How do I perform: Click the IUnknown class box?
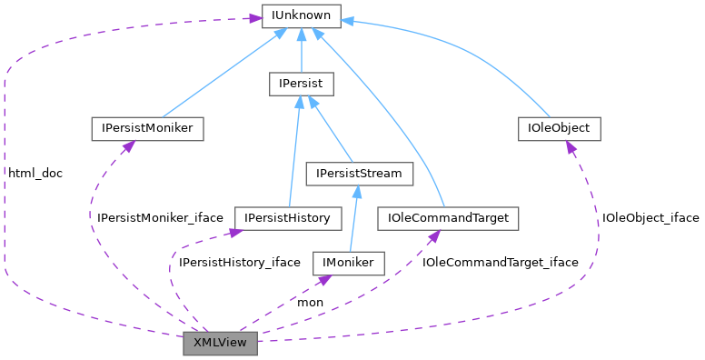301,15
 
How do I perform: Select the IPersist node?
302,85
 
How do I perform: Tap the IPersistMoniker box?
146,129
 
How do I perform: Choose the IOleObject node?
559,129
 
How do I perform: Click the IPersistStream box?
360,173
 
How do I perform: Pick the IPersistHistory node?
287,218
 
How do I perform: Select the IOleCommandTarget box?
447,218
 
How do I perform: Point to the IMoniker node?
349,263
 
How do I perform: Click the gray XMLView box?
220,343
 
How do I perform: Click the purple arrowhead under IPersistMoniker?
126,146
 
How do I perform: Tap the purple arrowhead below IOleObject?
571,146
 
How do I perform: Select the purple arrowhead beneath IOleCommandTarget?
434,236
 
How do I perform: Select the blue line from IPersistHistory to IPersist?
293,155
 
